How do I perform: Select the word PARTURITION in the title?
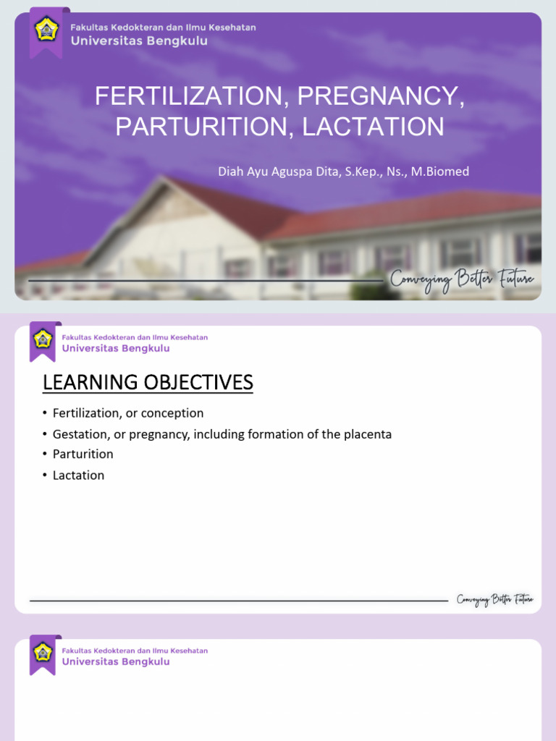(x=203, y=127)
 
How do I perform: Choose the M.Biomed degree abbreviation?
(x=440, y=172)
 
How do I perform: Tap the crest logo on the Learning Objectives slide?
(x=43, y=339)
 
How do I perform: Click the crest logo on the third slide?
(x=43, y=652)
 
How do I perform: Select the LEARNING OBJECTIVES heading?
(x=148, y=382)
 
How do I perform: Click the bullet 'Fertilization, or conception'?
(x=128, y=413)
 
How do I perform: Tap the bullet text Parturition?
(x=83, y=454)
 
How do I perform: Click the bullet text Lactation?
(x=78, y=475)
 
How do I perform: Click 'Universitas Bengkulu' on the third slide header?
(x=116, y=661)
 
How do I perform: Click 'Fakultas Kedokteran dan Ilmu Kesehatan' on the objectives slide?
(x=135, y=337)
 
